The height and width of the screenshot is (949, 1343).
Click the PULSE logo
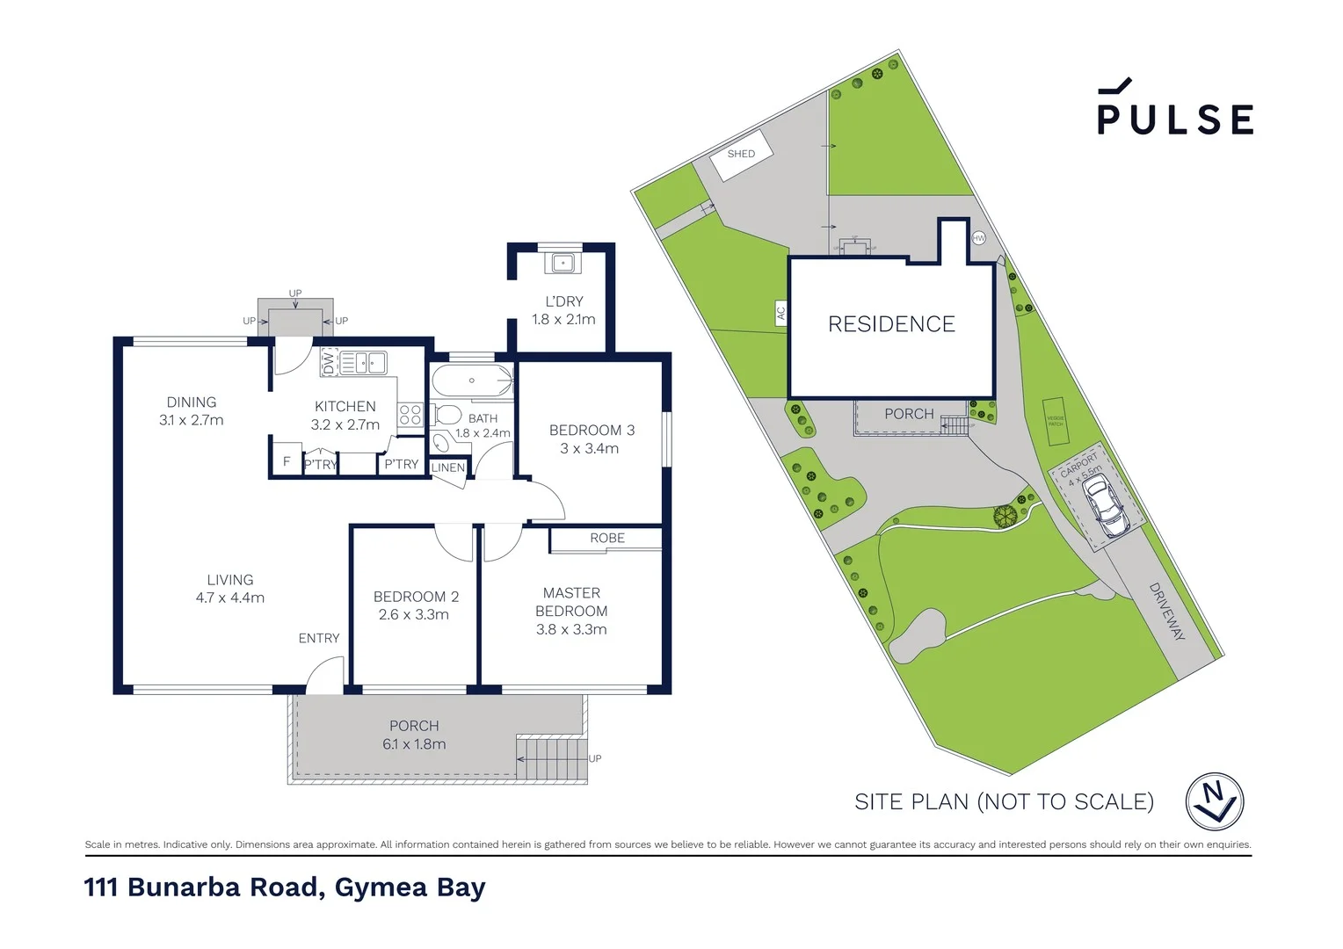(x=1174, y=109)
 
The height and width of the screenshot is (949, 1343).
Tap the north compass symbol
(x=1214, y=801)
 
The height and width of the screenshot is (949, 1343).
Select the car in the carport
(x=1106, y=508)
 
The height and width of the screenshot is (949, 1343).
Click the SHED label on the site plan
(x=741, y=154)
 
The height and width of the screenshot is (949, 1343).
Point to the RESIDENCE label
(x=891, y=324)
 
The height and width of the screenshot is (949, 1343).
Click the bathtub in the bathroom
(x=472, y=381)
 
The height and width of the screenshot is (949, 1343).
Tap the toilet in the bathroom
(x=446, y=415)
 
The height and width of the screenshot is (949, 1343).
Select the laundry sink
(x=563, y=263)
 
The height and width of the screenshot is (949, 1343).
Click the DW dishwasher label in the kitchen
(x=329, y=362)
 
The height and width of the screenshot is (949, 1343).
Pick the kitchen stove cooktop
(x=410, y=415)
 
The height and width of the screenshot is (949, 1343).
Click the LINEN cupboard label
(x=448, y=467)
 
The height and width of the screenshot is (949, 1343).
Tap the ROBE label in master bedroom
(x=607, y=538)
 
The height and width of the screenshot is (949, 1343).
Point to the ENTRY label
(x=318, y=638)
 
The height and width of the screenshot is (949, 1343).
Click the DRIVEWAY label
(x=1166, y=612)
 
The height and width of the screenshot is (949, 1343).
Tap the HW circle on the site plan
(x=978, y=238)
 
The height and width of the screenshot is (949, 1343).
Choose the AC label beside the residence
(x=780, y=312)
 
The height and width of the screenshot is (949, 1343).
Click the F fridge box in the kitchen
(x=287, y=461)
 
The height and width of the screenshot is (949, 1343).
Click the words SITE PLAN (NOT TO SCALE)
(x=1004, y=801)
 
